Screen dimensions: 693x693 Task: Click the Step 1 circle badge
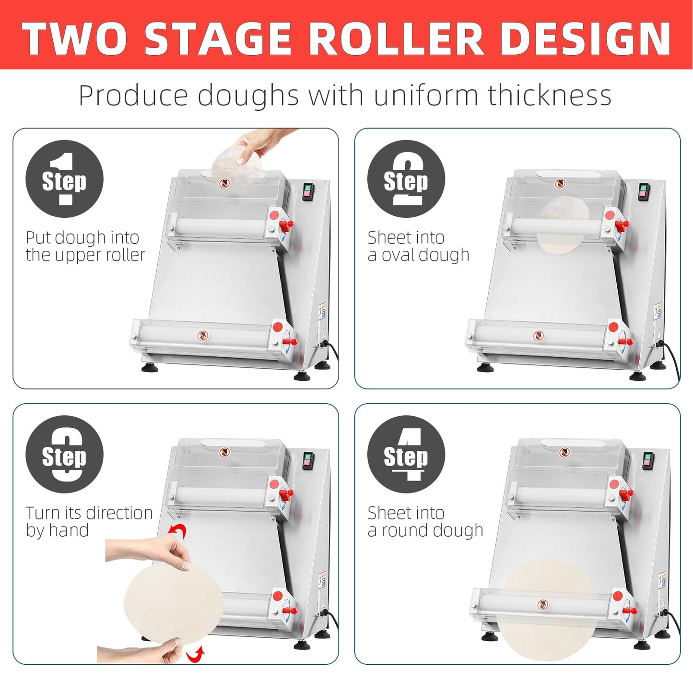64,179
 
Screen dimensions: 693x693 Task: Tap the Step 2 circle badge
406,179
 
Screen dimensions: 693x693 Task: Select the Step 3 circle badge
64,454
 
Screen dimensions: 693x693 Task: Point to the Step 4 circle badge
406,454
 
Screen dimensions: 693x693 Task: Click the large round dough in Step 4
547,609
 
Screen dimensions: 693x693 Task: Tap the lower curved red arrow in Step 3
196,654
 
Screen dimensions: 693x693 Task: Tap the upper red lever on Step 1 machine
286,224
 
